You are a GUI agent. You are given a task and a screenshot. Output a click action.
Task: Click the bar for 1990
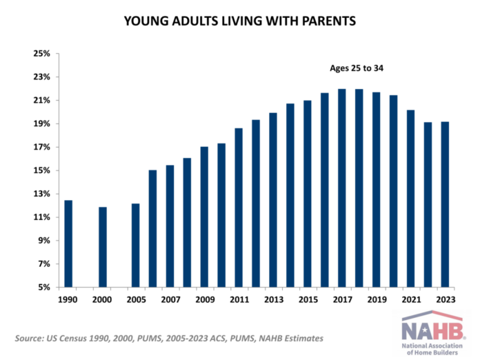tap(68, 243)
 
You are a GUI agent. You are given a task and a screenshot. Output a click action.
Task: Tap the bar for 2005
tap(136, 245)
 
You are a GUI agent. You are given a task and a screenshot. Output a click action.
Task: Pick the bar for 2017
tap(341, 188)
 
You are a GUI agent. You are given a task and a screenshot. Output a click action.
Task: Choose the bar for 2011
tap(239, 207)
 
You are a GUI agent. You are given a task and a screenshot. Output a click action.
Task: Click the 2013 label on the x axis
tap(273, 301)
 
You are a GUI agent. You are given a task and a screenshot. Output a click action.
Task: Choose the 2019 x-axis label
tap(376, 301)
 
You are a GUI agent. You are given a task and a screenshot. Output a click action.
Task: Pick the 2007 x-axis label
tap(170, 301)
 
